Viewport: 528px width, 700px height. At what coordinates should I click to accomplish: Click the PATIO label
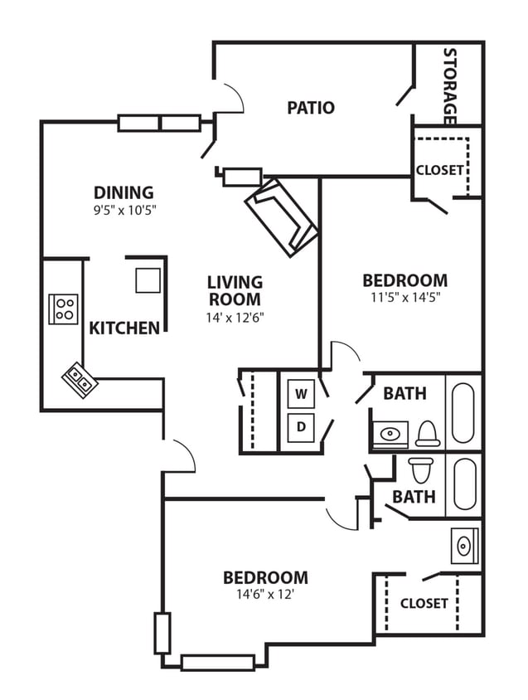311,108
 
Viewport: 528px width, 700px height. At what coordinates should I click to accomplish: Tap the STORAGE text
450,85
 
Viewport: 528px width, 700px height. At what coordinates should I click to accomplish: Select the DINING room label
124,192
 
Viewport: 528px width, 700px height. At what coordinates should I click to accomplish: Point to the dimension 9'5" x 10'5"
124,210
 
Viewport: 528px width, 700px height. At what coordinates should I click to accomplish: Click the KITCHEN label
124,328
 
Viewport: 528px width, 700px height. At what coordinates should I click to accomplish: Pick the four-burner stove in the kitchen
63,309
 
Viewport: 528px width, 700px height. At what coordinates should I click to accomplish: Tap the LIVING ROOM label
235,291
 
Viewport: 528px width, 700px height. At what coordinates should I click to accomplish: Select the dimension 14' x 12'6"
235,317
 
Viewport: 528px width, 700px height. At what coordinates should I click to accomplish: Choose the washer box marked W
302,395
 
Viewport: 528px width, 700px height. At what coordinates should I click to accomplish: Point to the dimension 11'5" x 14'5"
404,299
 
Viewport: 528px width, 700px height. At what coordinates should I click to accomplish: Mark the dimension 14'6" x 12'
265,594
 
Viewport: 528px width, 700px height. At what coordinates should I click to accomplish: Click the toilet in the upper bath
427,433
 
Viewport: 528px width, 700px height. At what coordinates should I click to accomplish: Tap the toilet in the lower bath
419,469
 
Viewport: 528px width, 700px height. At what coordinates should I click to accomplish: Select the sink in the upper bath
390,434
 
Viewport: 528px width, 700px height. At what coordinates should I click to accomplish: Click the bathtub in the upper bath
463,411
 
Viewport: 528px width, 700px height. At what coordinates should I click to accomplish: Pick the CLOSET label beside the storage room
439,170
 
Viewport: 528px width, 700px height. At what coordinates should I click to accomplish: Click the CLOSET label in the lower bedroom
424,604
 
